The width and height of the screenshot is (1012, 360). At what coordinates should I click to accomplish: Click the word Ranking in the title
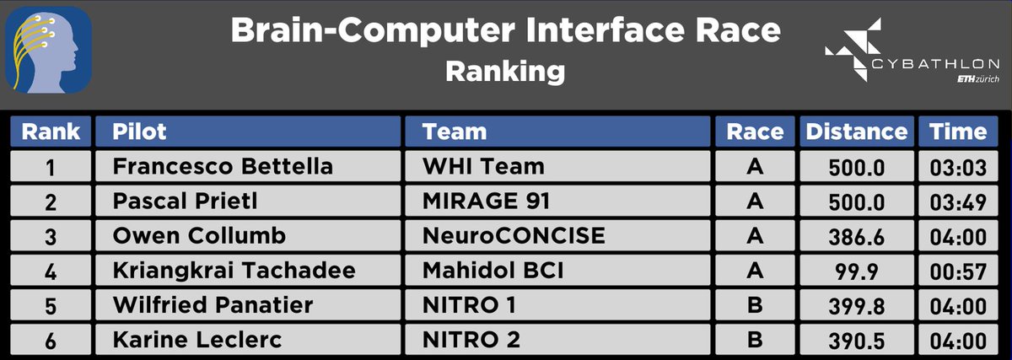[505, 71]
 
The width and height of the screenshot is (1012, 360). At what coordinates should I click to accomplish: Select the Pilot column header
[140, 132]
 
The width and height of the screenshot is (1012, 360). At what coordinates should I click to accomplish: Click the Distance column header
[857, 132]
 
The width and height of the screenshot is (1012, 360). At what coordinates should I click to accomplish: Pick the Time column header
[958, 132]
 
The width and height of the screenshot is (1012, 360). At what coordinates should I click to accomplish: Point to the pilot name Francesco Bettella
[223, 167]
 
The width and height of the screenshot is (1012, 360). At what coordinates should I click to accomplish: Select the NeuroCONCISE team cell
[514, 236]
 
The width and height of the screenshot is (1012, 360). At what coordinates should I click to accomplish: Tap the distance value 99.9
[857, 271]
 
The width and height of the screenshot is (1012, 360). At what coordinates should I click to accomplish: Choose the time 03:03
[958, 168]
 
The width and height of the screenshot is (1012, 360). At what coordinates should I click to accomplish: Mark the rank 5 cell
[51, 306]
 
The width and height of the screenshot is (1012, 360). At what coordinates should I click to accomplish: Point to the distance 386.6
[857, 237]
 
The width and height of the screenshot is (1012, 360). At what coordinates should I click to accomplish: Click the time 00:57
[958, 271]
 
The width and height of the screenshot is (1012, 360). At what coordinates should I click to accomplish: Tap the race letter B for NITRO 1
[755, 305]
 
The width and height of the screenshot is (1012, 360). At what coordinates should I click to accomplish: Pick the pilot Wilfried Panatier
[213, 305]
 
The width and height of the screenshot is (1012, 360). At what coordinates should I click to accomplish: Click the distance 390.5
[857, 341]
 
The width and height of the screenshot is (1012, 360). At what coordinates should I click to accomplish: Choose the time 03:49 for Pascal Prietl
[958, 202]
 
